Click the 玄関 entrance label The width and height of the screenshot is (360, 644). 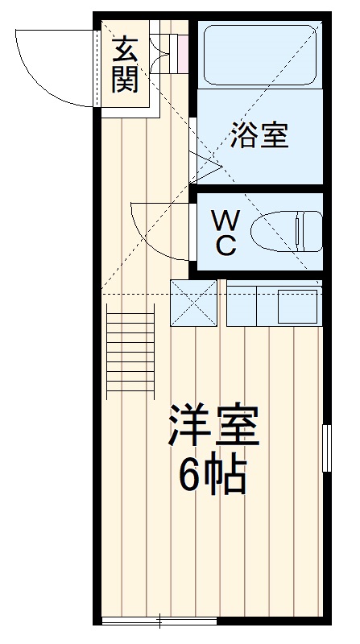pyautogui.click(x=126, y=65)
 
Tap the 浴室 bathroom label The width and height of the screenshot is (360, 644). pyautogui.click(x=259, y=134)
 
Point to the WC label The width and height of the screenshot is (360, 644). pyautogui.click(x=226, y=233)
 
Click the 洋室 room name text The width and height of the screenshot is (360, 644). pyautogui.click(x=213, y=426)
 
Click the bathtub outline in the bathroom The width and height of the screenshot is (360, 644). pyautogui.click(x=259, y=55)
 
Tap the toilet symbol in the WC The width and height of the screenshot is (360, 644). pyautogui.click(x=287, y=231)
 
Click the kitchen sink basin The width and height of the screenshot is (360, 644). pyautogui.click(x=297, y=307)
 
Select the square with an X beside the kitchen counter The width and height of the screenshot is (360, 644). pyautogui.click(x=193, y=303)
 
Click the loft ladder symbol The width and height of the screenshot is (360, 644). pyautogui.click(x=130, y=352)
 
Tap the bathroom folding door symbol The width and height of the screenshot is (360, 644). pyautogui.click(x=205, y=167)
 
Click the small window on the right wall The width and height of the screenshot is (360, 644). pyautogui.click(x=327, y=448)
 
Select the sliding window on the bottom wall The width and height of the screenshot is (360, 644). pyautogui.click(x=159, y=621)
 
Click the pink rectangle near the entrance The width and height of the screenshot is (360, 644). pyautogui.click(x=183, y=52)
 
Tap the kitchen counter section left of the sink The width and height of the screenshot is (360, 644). pyautogui.click(x=242, y=306)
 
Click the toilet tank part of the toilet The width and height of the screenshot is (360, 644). pyautogui.click(x=312, y=231)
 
